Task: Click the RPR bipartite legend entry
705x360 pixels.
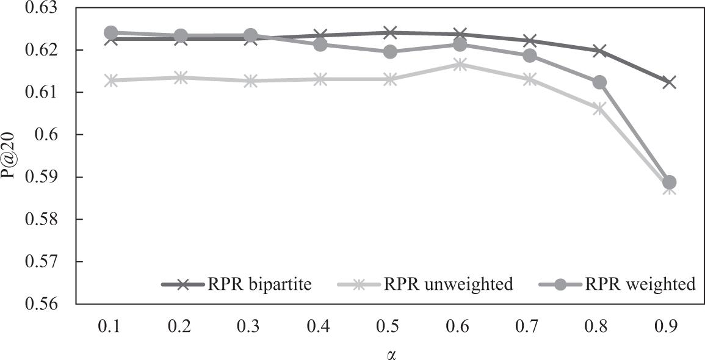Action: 238,284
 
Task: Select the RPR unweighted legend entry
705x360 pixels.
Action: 425,284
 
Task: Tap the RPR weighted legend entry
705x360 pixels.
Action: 616,284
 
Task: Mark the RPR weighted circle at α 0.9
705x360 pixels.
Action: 669,182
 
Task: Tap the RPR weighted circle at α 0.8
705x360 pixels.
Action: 599,82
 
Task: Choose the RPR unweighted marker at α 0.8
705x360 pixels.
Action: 599,109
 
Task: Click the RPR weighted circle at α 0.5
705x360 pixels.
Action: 390,52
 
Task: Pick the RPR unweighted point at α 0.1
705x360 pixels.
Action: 111,81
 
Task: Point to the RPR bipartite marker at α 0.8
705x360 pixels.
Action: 599,51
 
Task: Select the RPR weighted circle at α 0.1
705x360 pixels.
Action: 111,32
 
